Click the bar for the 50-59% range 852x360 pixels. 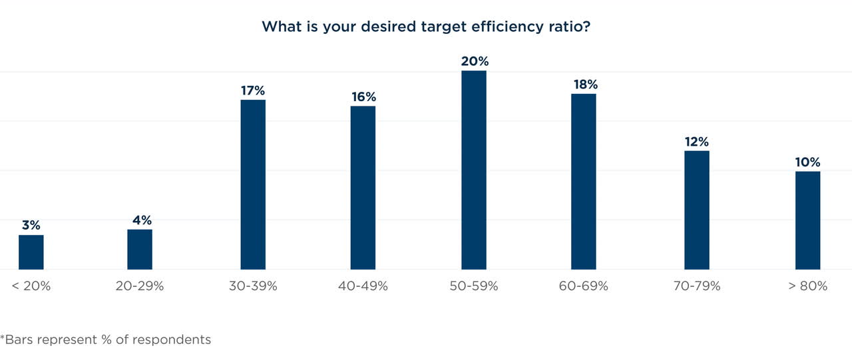(473, 170)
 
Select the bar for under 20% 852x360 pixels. (31, 252)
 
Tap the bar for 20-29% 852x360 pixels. (140, 250)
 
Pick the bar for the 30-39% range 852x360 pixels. (253, 184)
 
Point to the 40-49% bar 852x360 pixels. (363, 188)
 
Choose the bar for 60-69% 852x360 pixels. (584, 181)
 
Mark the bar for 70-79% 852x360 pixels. (697, 210)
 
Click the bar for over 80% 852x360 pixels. (807, 220)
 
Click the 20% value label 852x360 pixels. (475, 61)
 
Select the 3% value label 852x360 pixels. (31, 226)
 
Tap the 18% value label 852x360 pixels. (584, 85)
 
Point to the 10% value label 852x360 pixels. (807, 162)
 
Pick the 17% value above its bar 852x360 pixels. (253, 90)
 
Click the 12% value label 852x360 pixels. (697, 142)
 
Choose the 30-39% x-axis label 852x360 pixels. (253, 286)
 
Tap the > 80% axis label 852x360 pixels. (807, 286)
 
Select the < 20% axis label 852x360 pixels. (31, 286)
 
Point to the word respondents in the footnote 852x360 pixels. (172, 339)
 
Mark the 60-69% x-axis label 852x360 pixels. (584, 286)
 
